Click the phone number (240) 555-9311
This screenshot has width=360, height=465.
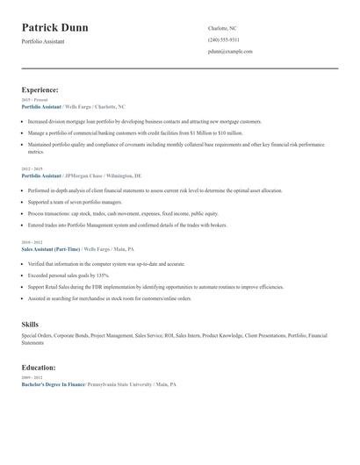point(223,39)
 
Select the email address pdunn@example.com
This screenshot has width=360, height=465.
point(230,52)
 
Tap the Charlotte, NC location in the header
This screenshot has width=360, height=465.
point(222,28)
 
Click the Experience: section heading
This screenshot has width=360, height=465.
point(40,89)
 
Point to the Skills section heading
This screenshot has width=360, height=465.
point(30,325)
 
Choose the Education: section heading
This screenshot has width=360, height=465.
point(39,368)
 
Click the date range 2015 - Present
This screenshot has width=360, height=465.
point(34,100)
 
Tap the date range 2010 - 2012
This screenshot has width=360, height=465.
point(32,242)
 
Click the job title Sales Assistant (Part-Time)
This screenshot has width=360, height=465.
point(51,248)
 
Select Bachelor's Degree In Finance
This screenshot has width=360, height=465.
point(52,384)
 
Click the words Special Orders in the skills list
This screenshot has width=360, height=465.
point(36,336)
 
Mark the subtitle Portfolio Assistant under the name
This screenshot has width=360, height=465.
point(43,41)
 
